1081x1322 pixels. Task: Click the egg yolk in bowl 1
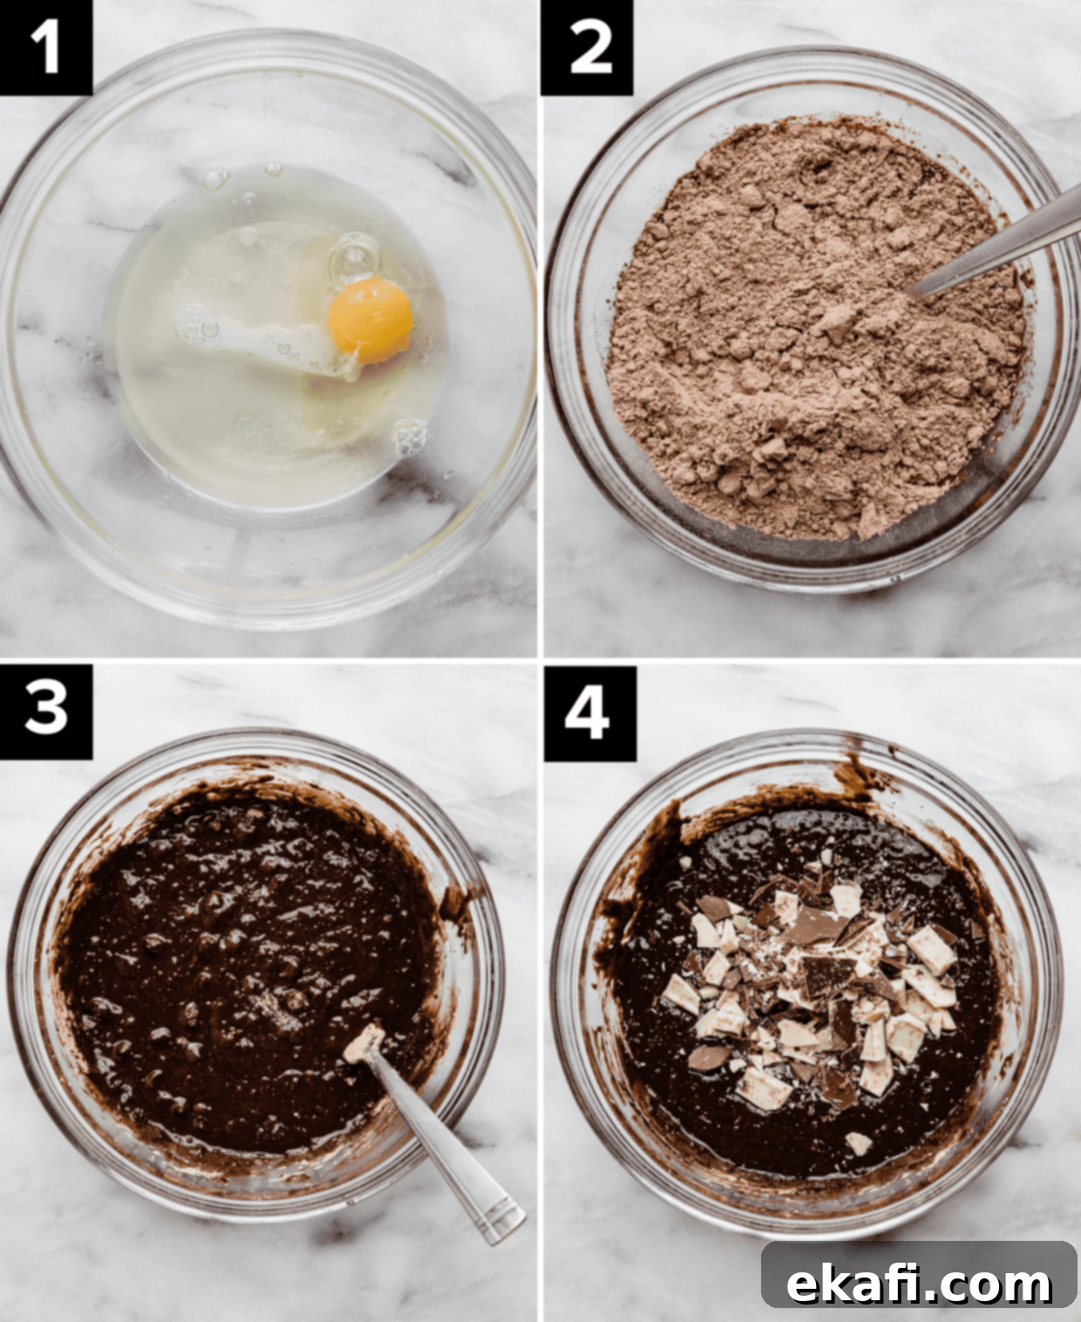[x=371, y=321]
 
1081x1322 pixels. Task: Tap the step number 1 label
[x=45, y=47]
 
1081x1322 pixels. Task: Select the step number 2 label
[x=587, y=47]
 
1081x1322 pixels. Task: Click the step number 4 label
[x=589, y=713]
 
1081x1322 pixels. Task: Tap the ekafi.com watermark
[x=919, y=1266]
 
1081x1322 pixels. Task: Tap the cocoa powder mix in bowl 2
[x=808, y=326]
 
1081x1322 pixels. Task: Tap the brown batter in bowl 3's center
[x=251, y=965]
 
